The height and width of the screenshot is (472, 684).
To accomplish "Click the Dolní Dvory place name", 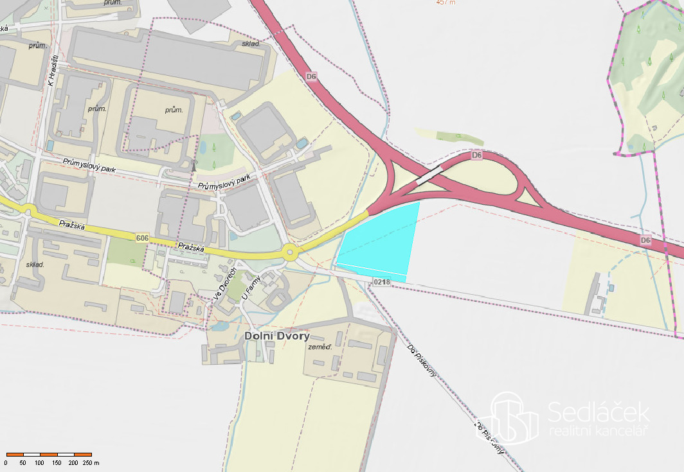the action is click(277, 336).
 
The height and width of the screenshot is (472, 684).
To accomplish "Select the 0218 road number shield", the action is click(381, 282).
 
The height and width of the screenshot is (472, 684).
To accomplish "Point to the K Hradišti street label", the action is click(53, 70).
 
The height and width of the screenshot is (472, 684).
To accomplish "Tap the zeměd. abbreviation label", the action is click(319, 347).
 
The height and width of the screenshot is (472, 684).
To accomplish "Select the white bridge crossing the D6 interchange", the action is click(429, 176).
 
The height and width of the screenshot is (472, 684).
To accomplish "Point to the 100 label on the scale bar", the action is click(40, 462).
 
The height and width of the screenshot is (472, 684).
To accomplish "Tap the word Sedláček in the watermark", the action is click(598, 411).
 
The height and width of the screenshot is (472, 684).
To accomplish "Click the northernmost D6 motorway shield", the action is click(312, 76).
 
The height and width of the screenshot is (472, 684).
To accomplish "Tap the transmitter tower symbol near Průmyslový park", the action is click(193, 166).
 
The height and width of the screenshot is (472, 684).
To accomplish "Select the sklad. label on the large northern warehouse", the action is click(250, 44).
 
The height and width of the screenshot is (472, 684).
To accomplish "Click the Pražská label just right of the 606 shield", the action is click(191, 247).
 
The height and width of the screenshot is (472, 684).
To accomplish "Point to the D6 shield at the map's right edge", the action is click(646, 241).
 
